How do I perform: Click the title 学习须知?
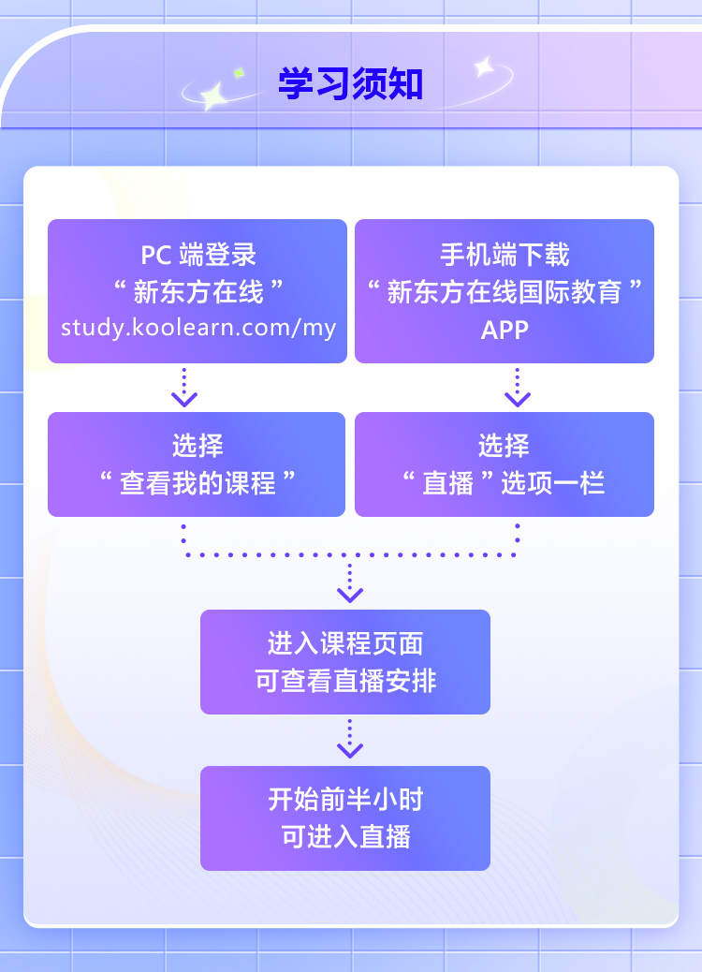tap(350, 84)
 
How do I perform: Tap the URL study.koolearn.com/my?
tap(197, 328)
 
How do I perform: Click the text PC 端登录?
tap(197, 255)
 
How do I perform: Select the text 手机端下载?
tap(505, 255)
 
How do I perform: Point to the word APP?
tap(505, 330)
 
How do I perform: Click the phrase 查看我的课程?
tap(197, 483)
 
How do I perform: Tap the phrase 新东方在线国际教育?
tap(505, 292)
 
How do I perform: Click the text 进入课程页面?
tap(345, 643)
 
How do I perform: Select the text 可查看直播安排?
tap(345, 681)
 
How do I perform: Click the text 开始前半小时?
tap(345, 800)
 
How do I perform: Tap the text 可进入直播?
tap(345, 836)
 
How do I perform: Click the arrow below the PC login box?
tap(184, 389)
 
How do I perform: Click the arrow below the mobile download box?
tap(518, 389)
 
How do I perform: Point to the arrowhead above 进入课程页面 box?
tap(350, 594)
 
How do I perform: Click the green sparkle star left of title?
tap(238, 72)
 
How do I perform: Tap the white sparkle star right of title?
tap(485, 66)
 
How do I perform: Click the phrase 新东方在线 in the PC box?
tap(197, 292)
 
